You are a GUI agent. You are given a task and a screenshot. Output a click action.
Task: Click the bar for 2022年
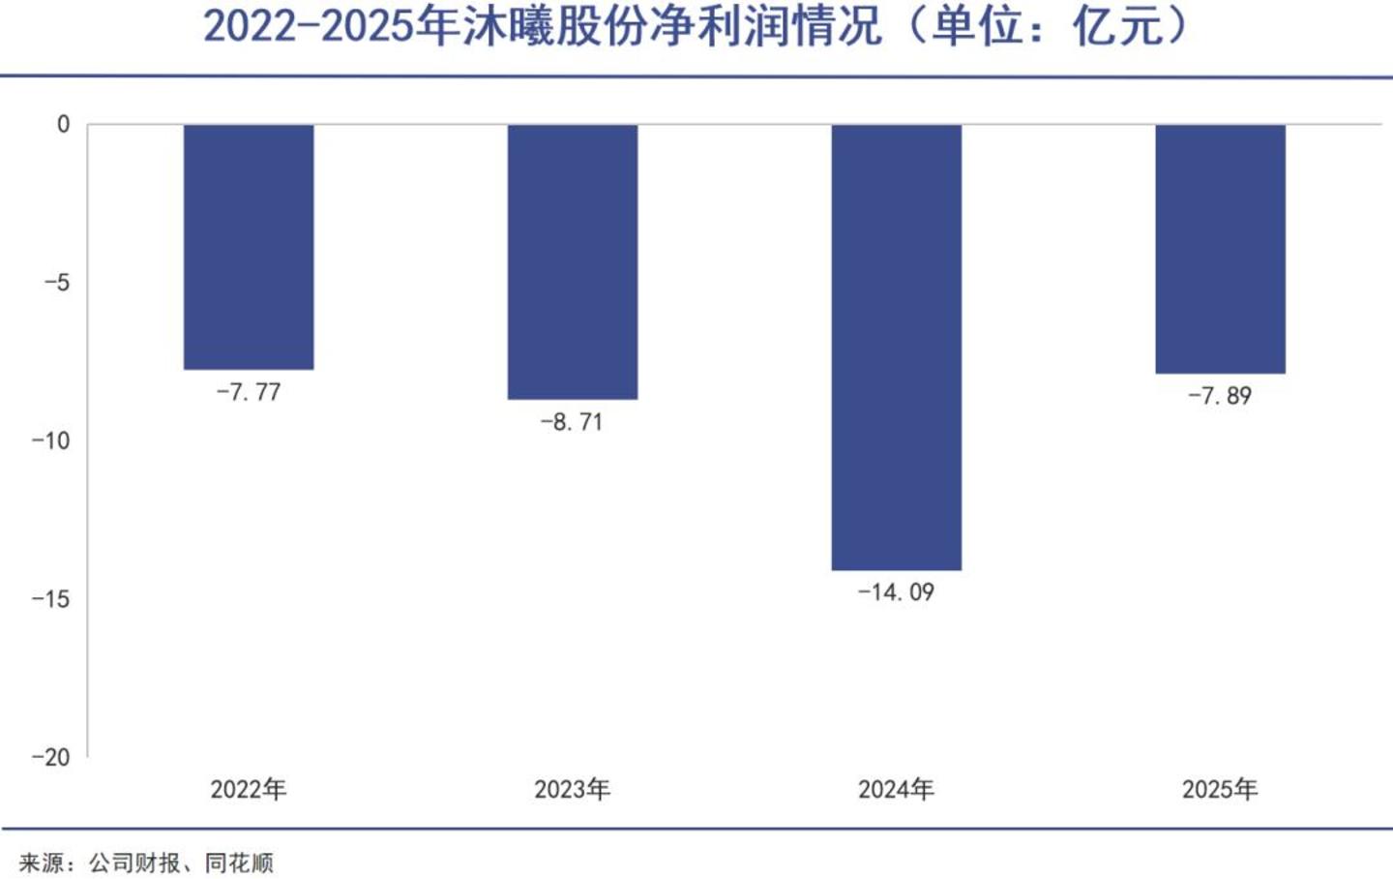point(249,247)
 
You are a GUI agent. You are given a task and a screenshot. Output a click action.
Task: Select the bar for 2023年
point(573,262)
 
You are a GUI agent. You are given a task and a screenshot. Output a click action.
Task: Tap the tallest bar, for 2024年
point(897,348)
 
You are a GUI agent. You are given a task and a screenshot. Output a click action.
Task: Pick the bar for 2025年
point(1221,249)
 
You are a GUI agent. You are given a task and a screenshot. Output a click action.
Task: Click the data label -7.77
point(249,393)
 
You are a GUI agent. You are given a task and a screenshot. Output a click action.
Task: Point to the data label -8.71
point(572,423)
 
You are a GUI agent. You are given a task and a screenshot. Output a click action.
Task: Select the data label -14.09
point(896,592)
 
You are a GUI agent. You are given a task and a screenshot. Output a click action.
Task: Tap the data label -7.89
point(1220,396)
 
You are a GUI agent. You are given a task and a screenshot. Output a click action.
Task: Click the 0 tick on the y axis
point(64,125)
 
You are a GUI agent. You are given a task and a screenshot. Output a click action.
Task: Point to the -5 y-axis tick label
point(57,283)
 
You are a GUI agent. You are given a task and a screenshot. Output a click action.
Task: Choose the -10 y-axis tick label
point(51,440)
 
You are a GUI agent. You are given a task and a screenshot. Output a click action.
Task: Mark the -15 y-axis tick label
point(51,599)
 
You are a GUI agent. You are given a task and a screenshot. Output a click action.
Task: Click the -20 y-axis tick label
point(51,757)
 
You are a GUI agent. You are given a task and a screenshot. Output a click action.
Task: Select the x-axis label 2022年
point(249,789)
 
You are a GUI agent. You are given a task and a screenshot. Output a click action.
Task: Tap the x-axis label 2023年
point(573,789)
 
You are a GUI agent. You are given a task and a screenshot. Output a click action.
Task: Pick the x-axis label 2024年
point(897,789)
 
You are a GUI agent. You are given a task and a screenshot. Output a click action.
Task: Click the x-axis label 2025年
point(1220,789)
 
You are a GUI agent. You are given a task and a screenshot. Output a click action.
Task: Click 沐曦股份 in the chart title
point(555,27)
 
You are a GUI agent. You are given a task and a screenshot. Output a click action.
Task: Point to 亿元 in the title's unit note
point(1118,27)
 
